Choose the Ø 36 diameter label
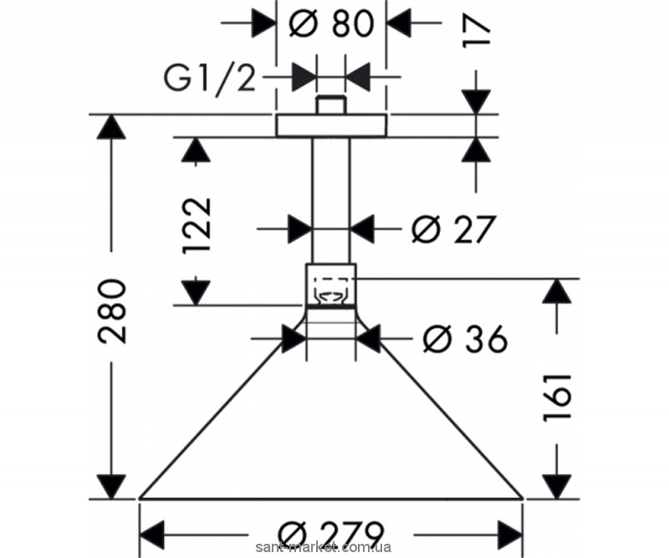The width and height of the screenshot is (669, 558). click(x=466, y=339)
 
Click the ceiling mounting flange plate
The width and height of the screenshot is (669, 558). click(x=331, y=125)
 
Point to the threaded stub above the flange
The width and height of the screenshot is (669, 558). click(x=331, y=105)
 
